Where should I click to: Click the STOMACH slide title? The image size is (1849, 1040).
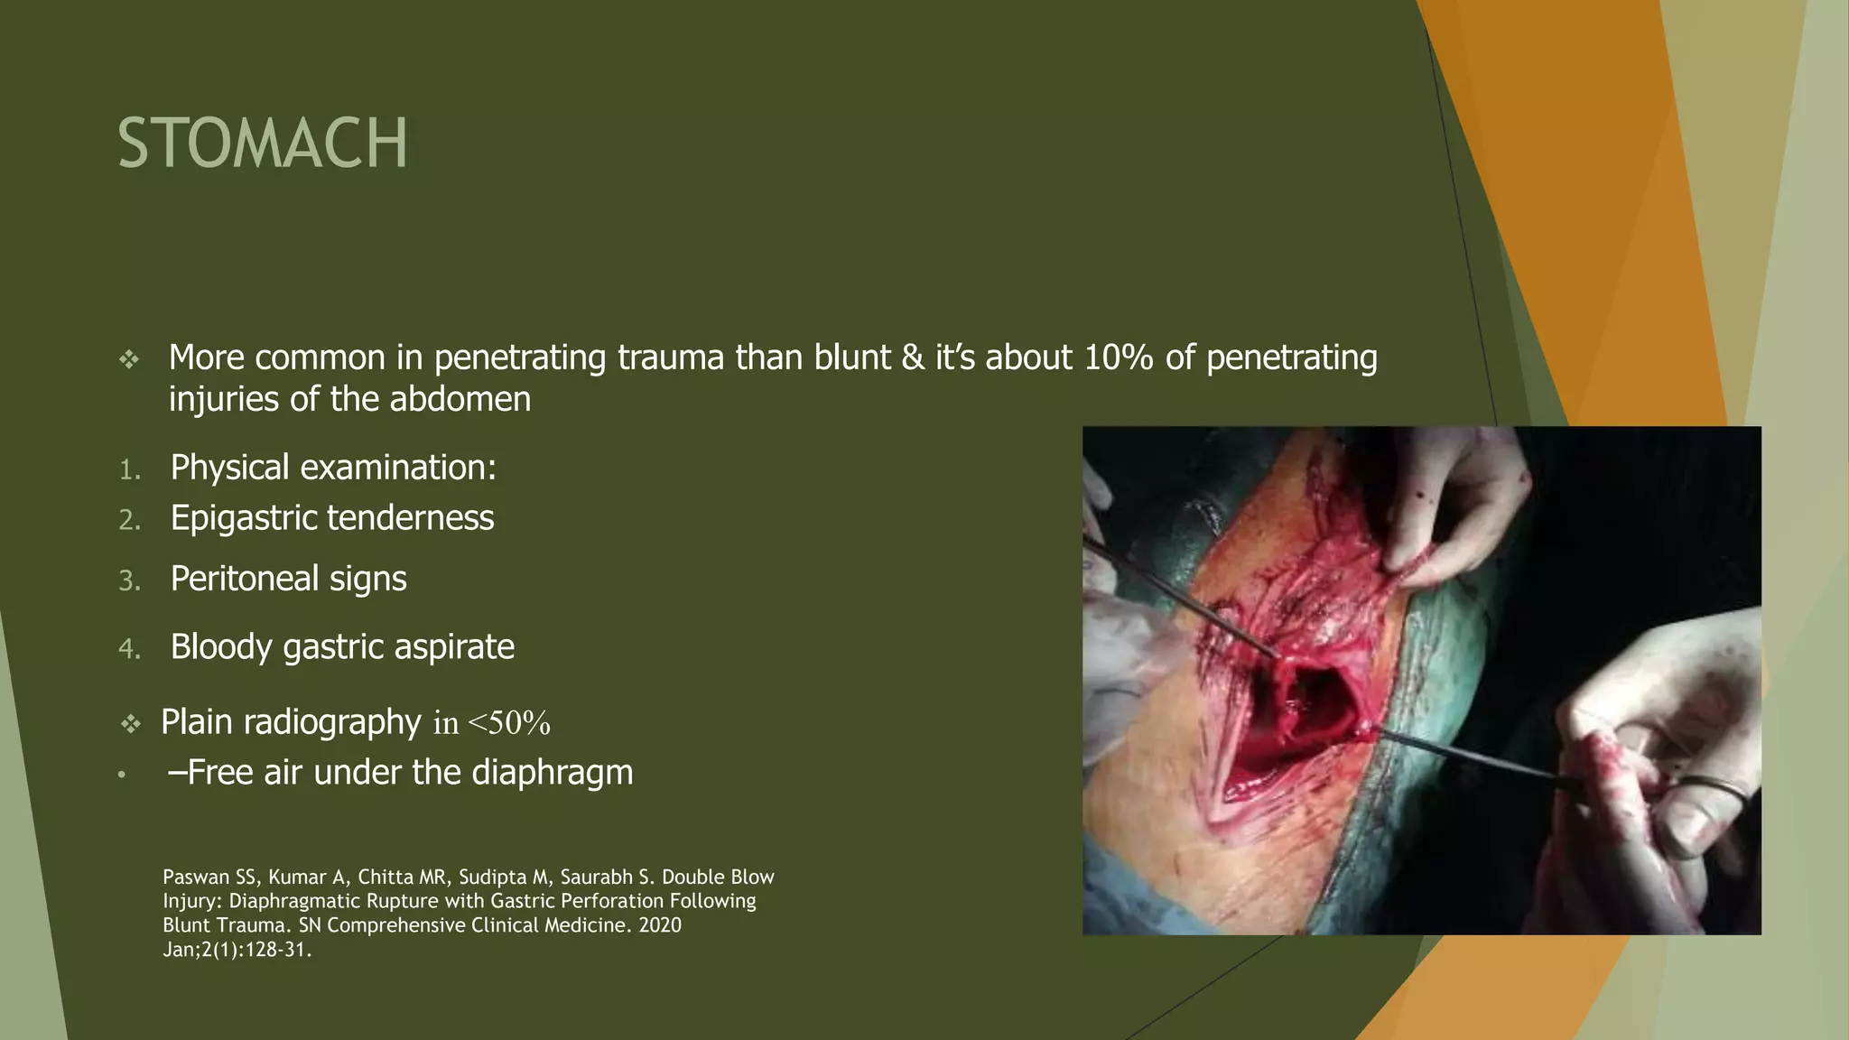262,143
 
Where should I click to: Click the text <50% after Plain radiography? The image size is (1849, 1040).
509,723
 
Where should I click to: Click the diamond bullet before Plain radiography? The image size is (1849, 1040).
131,724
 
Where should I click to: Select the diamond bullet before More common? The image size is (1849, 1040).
129,360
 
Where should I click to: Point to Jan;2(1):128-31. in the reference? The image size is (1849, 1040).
237,950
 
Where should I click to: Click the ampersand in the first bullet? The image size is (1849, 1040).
913,357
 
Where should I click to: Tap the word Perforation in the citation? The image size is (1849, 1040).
615,901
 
